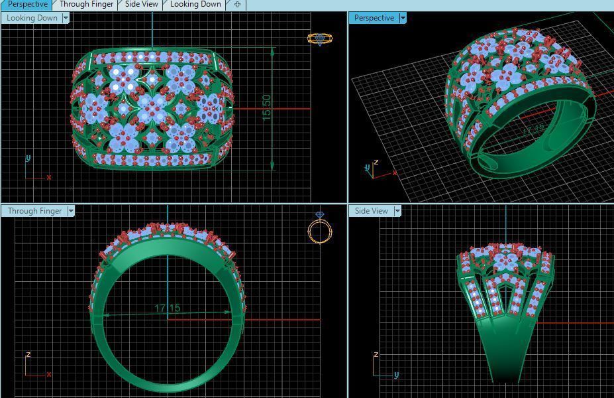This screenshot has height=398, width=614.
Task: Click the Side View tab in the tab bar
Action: coord(141,5)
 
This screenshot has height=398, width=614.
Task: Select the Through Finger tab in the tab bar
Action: coord(86,5)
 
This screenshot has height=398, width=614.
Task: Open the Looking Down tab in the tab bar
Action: coord(195,5)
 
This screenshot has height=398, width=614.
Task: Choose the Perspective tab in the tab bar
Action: coord(27,5)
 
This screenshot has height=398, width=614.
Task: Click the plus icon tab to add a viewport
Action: coord(237,5)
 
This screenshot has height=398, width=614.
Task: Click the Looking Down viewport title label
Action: coord(32,18)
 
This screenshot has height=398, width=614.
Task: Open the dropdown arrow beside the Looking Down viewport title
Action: coord(66,18)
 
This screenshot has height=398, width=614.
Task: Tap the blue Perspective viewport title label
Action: coord(374,18)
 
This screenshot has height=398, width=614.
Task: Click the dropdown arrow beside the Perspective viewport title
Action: coord(403,18)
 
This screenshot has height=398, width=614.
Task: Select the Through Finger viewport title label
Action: coord(34,211)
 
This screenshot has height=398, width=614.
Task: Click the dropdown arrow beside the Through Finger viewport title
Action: coord(71,211)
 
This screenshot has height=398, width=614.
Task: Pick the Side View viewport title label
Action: coord(371,211)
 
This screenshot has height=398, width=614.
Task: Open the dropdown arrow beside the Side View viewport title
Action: coord(397,211)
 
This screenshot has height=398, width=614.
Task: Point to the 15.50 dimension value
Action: coord(267,106)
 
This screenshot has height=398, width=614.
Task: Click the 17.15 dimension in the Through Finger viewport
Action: coord(167,308)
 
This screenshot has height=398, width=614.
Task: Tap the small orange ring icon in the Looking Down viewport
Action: coord(319,38)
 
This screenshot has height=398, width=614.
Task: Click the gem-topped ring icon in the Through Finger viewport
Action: coord(320,229)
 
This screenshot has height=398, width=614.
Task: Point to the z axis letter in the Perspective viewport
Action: coord(376,162)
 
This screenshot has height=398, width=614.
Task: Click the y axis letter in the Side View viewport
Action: coord(396,375)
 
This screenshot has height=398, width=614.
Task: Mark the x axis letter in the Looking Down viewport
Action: coord(49,177)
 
